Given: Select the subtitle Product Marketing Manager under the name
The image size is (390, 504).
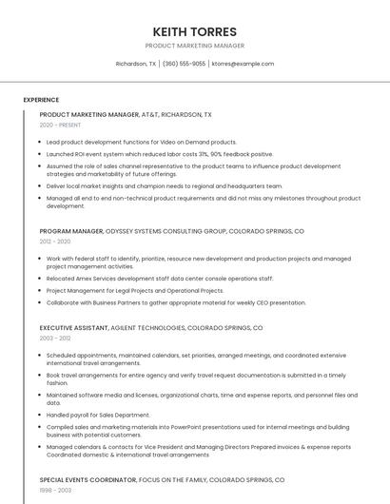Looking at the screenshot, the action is pos(194,46).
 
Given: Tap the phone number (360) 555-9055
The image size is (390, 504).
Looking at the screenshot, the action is pos(184,64).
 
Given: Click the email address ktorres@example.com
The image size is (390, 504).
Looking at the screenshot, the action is pos(243,64).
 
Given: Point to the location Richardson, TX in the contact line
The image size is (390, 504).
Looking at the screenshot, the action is pos(136,64).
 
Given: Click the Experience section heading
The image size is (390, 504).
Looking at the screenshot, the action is pos(41,100).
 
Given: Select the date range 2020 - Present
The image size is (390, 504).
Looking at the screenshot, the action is pos(60,125).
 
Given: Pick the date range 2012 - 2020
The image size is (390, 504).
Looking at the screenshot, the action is pos(55,242).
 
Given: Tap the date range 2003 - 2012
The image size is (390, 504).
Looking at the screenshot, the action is pos(55,338).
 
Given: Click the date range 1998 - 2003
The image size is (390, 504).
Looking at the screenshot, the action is pos(54,492).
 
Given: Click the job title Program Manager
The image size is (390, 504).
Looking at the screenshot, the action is pos(71,231).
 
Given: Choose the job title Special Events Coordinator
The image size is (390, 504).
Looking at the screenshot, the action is pos(87,481).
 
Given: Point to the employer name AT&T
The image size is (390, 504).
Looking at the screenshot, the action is pos(149,114).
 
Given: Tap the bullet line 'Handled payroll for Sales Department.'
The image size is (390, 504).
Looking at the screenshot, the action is pos(98,415).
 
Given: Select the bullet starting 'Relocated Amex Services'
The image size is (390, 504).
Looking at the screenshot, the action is pos(160,279).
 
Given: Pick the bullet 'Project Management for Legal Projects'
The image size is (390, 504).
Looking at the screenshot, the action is pos(135,291).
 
